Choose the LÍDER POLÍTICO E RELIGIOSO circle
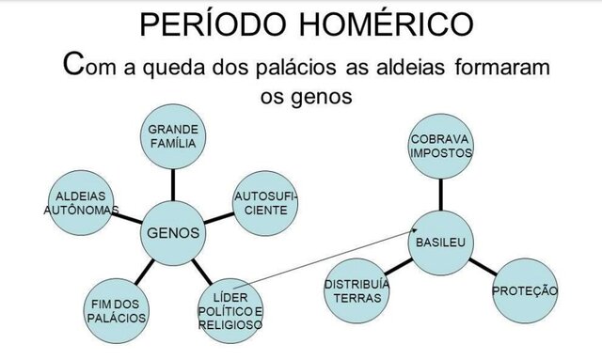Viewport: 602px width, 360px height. point(230,310)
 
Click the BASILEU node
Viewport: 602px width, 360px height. point(442,244)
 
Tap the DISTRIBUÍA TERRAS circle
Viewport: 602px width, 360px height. point(357,291)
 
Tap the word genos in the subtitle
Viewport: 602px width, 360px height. point(331,97)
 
